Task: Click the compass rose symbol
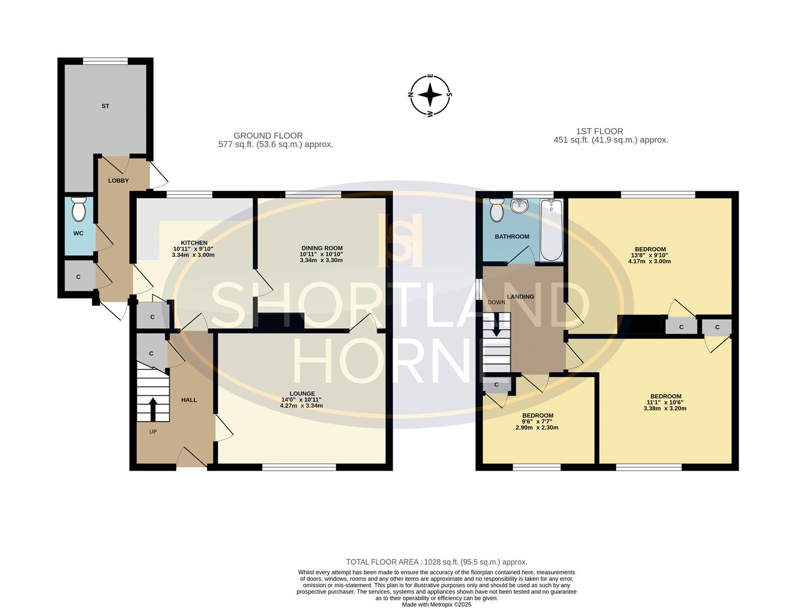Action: tap(430, 95)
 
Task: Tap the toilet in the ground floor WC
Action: tap(78, 211)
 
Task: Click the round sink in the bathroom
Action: tap(518, 207)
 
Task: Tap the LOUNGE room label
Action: tap(302, 394)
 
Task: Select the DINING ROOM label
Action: tap(322, 248)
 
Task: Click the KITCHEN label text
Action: tap(194, 243)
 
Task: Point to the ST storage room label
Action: tap(105, 106)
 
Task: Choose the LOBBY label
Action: tap(118, 181)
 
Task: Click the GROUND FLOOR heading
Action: tap(268, 136)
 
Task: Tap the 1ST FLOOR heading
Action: tap(588, 131)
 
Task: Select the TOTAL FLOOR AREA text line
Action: tap(436, 562)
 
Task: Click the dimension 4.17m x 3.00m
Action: tap(650, 261)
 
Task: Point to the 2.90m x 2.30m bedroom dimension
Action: tap(537, 427)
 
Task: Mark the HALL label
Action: tap(189, 400)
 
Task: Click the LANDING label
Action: tap(521, 297)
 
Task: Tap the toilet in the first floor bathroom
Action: tap(497, 211)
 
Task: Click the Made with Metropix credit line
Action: tap(436, 605)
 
